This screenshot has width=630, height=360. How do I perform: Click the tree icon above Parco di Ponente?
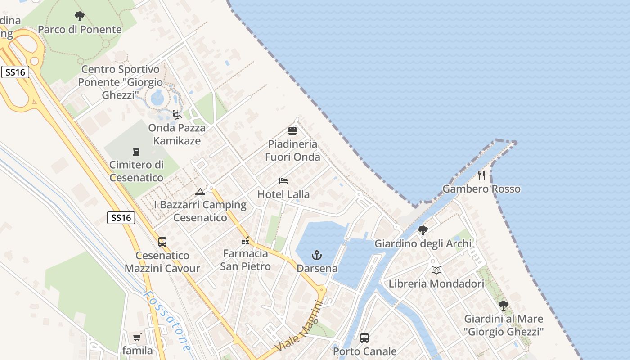80,17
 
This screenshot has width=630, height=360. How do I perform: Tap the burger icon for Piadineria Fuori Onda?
292,131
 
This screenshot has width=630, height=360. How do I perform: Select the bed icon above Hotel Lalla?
283,181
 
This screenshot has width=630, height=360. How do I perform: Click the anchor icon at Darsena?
317,256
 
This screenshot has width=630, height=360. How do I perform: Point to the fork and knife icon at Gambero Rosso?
481,175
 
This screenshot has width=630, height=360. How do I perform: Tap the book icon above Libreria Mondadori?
436,270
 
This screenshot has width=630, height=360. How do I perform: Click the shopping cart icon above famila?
137,337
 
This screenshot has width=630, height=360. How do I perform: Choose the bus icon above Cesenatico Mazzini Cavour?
162,242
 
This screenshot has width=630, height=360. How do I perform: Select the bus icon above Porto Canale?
364,337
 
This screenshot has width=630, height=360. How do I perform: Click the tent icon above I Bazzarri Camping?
200,192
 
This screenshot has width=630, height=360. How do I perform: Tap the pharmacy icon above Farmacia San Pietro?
245,241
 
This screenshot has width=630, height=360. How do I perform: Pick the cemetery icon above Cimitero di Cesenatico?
136,152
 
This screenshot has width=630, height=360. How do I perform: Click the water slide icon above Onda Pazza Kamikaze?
177,115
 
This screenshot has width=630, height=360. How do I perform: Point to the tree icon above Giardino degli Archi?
423,230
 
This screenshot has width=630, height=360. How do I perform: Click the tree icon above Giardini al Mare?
504,306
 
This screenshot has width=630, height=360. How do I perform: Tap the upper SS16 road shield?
15,72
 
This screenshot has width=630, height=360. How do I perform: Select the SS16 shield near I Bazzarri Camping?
121,218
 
